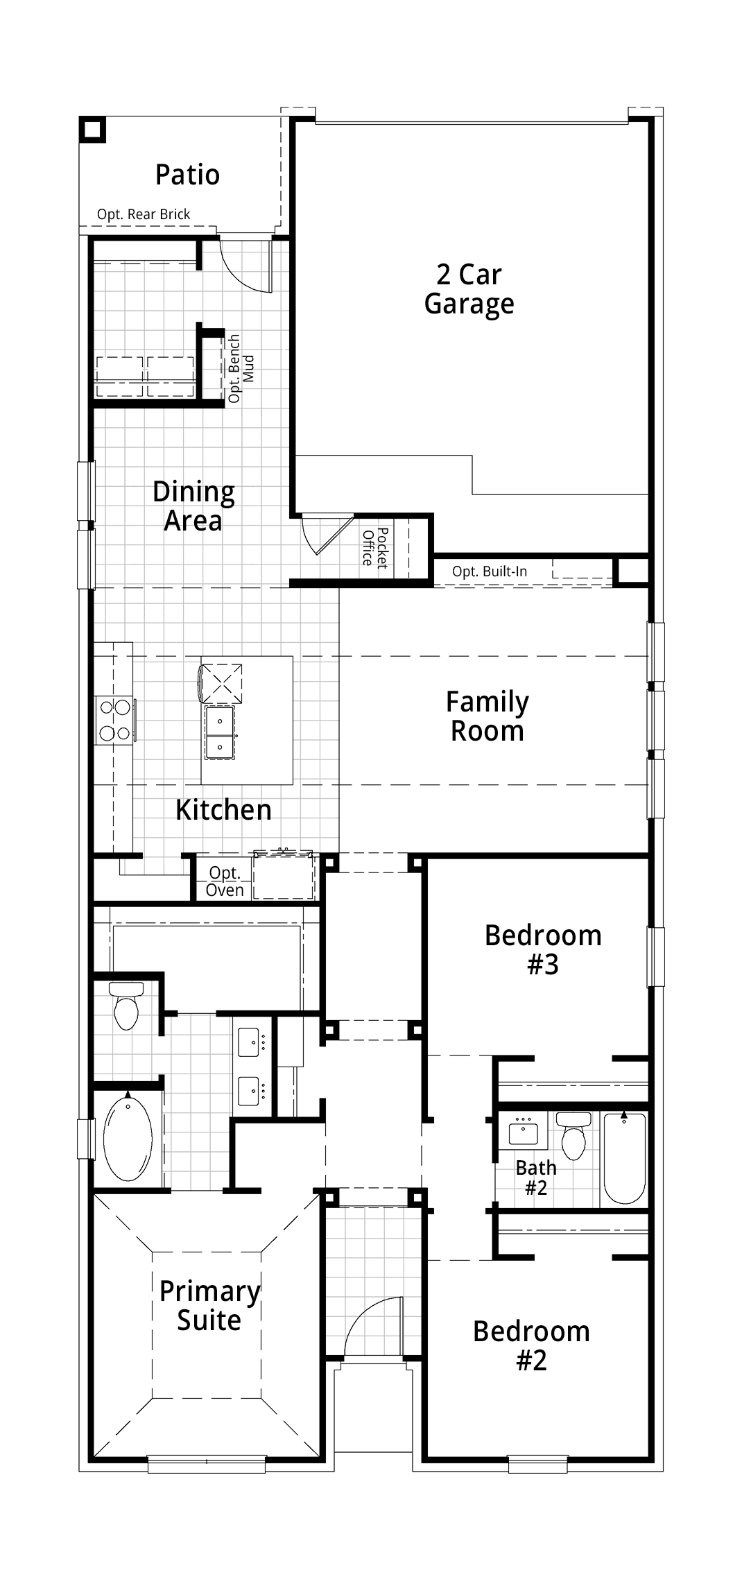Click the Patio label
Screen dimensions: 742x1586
187,174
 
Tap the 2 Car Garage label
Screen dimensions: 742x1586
469,289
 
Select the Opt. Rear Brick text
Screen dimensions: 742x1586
144,214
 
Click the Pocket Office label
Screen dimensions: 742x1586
374,548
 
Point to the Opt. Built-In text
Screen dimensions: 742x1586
490,571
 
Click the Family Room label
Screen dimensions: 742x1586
488,716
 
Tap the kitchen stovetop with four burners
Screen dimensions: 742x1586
115,721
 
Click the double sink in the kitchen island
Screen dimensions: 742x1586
219,732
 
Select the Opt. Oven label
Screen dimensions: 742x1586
225,881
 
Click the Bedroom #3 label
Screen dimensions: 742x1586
543,949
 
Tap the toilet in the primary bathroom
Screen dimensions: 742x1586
126,1005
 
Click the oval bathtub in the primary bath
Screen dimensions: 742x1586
128,1137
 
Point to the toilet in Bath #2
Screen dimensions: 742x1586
573,1135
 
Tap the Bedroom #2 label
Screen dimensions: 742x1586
532,1345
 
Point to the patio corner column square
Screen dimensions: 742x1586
92,130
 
